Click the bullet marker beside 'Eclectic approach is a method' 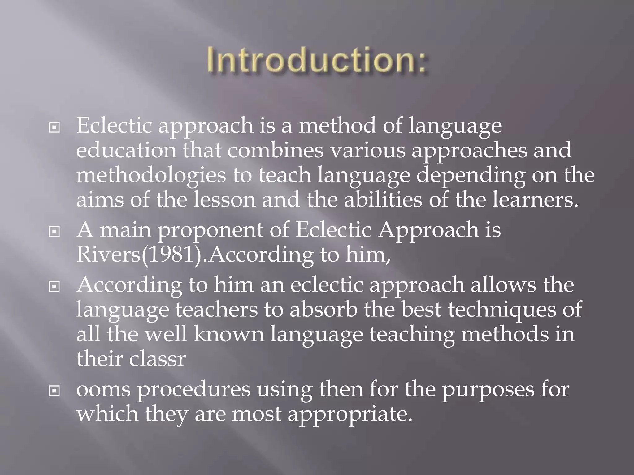tap(54, 127)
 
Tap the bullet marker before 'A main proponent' tap(54, 231)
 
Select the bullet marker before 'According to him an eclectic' tap(54, 287)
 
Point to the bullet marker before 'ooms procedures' tap(54, 391)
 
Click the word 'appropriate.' tap(350, 414)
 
